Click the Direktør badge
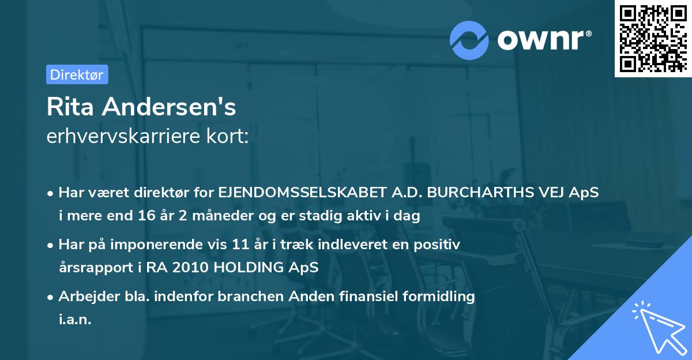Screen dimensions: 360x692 [77, 74]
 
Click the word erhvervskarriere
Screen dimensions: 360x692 [112, 136]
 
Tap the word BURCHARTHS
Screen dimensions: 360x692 [475, 193]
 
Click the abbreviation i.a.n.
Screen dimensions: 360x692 [75, 320]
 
